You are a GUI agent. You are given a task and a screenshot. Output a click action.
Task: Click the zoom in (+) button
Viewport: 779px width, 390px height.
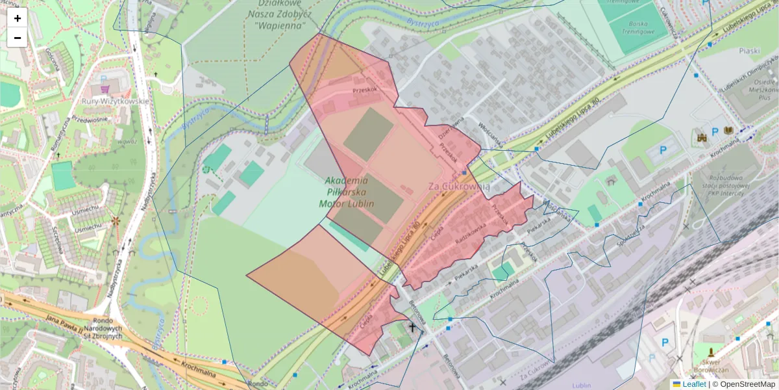tap(18, 18)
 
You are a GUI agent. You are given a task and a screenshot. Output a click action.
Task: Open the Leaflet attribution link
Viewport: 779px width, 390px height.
tap(694, 384)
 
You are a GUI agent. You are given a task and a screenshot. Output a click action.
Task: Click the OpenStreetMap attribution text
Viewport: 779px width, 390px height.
tap(747, 384)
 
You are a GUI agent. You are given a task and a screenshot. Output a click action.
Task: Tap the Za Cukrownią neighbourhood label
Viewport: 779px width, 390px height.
tap(459, 187)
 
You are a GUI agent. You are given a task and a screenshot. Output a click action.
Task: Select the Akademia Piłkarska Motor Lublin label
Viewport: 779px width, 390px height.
tap(347, 192)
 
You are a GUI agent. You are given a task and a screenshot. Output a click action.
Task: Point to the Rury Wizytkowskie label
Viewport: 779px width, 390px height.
tap(116, 101)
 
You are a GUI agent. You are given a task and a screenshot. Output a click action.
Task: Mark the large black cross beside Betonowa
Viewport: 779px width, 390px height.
tap(412, 328)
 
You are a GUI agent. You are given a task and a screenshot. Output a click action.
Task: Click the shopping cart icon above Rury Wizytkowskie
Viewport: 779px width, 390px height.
tap(105, 88)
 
